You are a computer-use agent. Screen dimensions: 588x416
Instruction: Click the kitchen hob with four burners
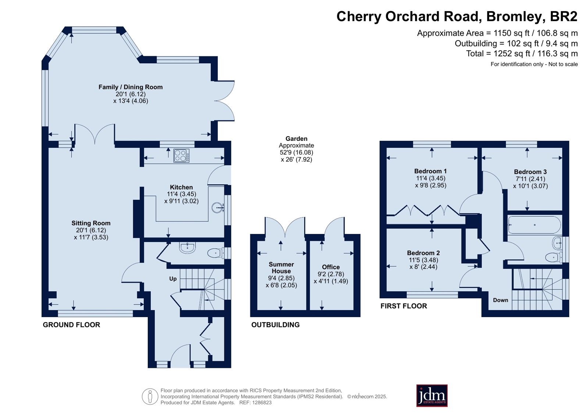181,156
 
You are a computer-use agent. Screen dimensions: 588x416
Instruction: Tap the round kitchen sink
218,207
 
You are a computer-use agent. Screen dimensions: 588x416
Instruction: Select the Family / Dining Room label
131,87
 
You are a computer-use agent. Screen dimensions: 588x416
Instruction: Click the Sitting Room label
91,223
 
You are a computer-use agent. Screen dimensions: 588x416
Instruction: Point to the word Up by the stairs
173,279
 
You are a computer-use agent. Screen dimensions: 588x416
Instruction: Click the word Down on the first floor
500,300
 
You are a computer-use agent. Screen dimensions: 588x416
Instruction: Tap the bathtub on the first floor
534,225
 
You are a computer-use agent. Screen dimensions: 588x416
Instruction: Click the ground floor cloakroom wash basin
188,248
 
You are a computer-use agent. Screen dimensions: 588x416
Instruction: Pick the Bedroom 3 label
530,172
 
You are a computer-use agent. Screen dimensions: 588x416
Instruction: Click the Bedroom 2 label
423,253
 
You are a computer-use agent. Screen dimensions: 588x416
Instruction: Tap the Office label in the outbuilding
331,267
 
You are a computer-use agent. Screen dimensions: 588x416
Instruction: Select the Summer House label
281,268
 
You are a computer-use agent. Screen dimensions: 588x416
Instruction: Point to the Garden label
296,138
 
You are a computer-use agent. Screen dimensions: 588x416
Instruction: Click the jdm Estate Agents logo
432,395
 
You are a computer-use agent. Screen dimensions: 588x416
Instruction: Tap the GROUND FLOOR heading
71,325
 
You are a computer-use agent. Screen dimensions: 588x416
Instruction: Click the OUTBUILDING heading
275,325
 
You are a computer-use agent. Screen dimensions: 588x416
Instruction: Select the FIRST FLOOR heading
404,306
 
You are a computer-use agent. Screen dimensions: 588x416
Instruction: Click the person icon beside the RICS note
150,397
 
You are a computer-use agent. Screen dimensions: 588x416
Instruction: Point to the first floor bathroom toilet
553,257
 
